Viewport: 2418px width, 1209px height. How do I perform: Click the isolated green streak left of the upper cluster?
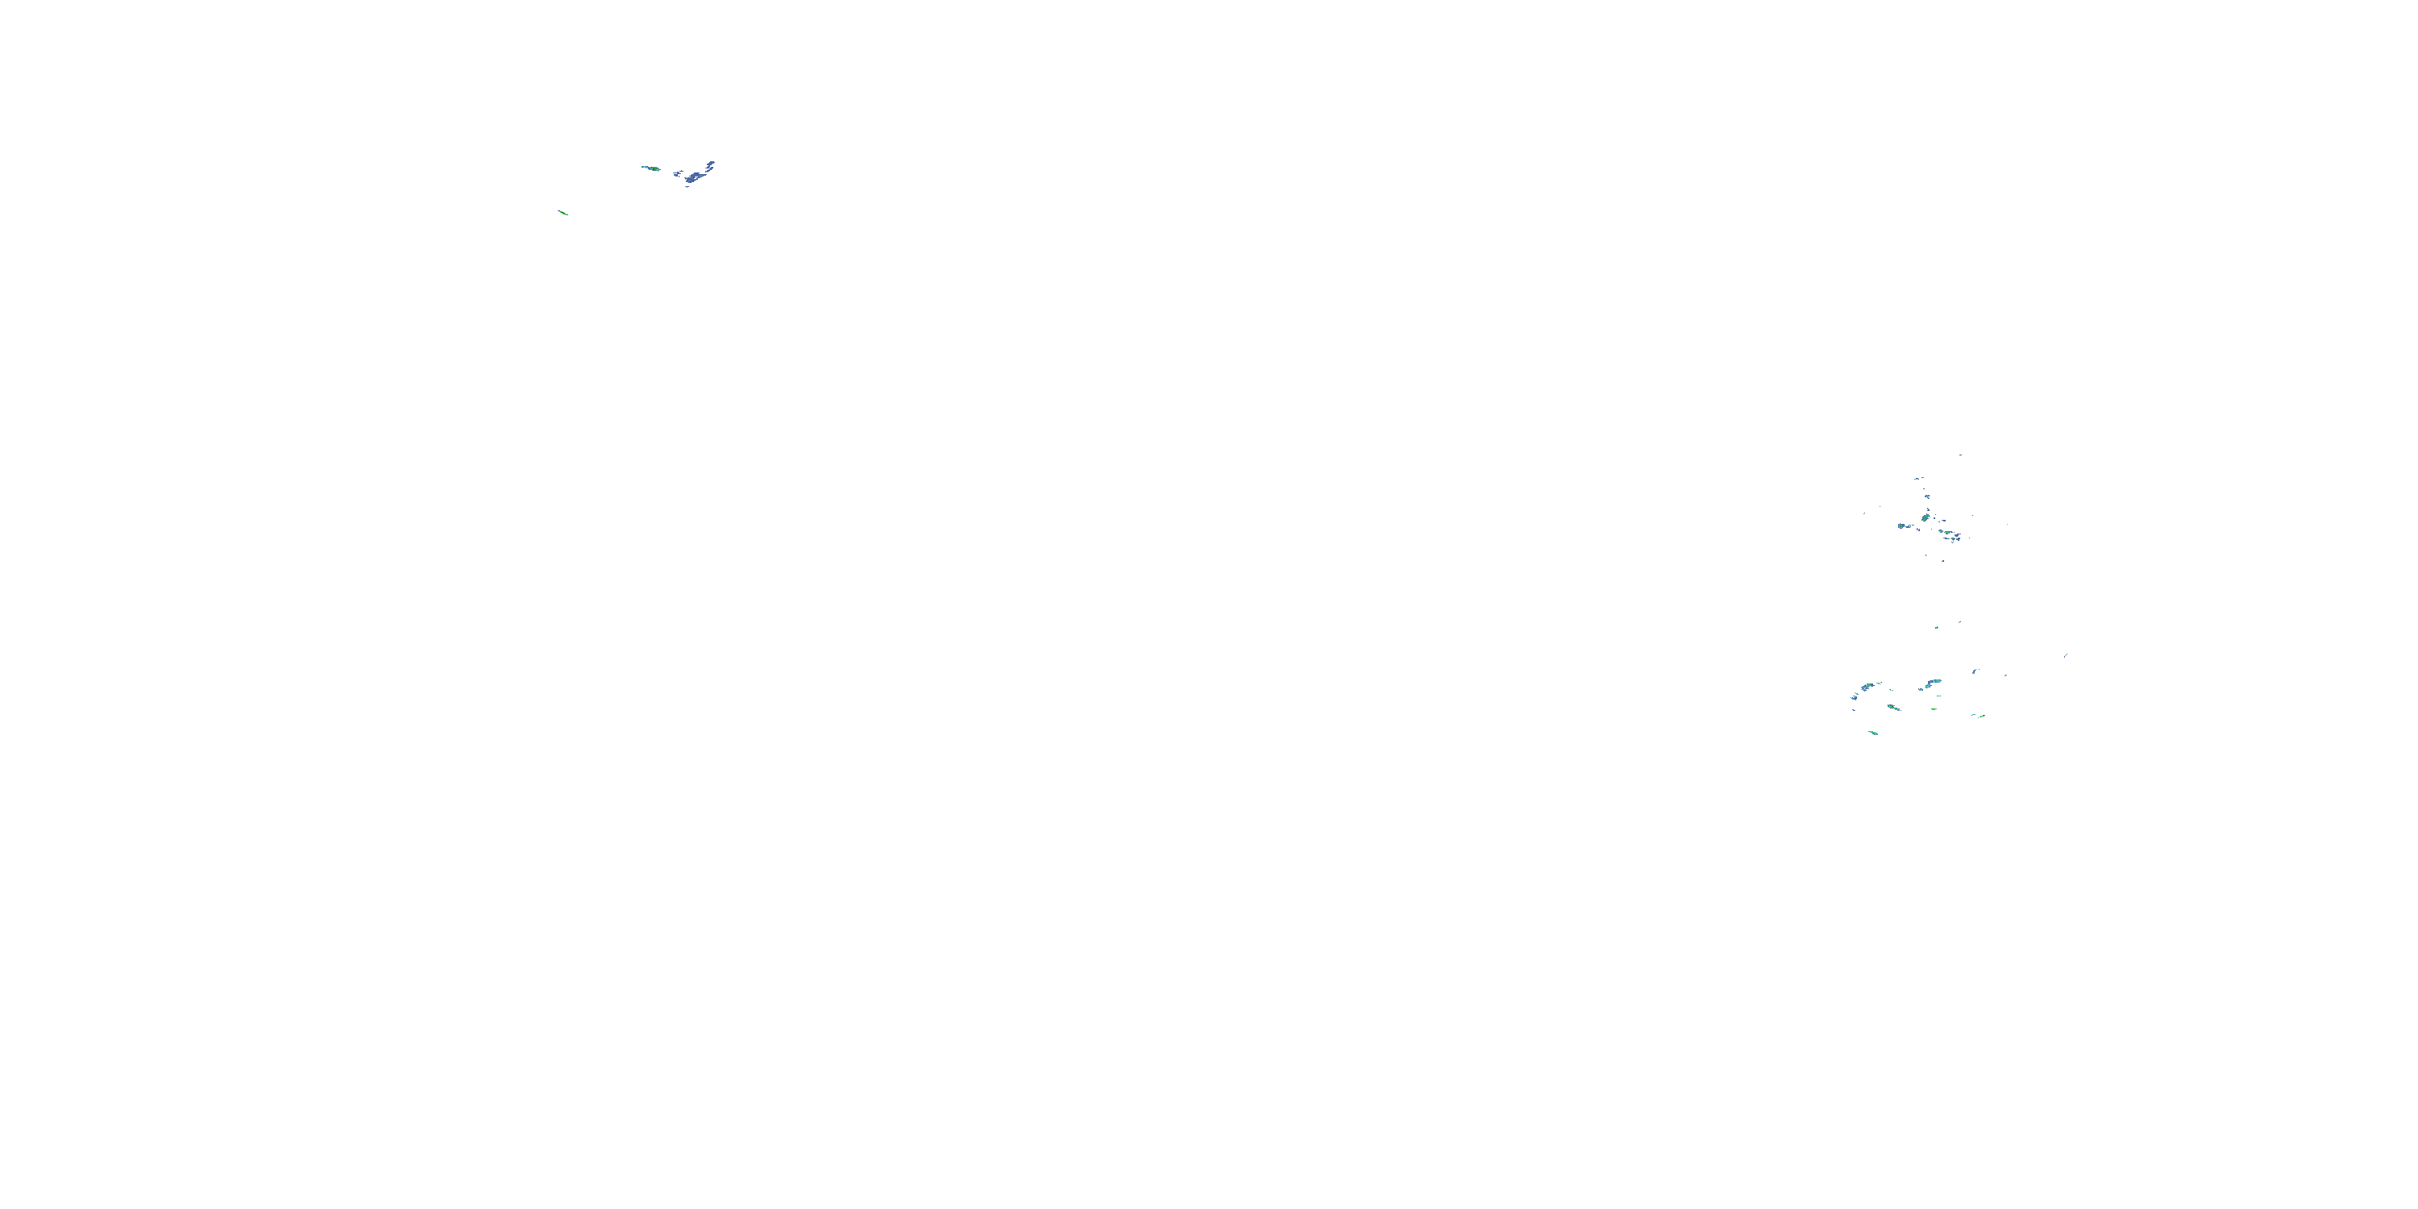coord(563,213)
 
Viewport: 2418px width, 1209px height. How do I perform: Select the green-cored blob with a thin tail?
coord(654,169)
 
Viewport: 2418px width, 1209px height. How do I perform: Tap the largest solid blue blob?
coord(692,178)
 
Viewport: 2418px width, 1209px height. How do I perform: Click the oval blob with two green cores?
coord(1926,518)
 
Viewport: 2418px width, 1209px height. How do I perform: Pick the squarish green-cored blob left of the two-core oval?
coord(1901,526)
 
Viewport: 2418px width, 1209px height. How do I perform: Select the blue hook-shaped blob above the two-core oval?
coord(1928,496)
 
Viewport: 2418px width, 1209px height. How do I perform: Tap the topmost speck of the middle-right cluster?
coord(1961,455)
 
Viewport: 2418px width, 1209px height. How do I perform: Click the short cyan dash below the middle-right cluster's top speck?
coord(1917,480)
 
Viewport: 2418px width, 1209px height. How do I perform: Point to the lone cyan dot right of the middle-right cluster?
coord(2008,525)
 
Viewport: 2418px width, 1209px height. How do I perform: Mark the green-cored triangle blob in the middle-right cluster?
coord(1954,538)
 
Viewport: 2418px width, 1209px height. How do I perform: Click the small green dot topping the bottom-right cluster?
coord(1938,628)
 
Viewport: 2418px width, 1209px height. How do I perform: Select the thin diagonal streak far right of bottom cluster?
coord(2066,656)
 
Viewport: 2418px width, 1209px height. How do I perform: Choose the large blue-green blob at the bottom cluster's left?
coord(1868,687)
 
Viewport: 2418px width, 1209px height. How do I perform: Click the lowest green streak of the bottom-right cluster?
coord(1875,734)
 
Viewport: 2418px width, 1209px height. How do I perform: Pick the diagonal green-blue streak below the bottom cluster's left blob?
coord(1894,708)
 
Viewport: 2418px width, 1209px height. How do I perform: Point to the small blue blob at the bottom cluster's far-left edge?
coord(1855,698)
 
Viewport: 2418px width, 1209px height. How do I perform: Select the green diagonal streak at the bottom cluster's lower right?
coord(1983,717)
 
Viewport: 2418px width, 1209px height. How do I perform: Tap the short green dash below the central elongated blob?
coord(1934,709)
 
